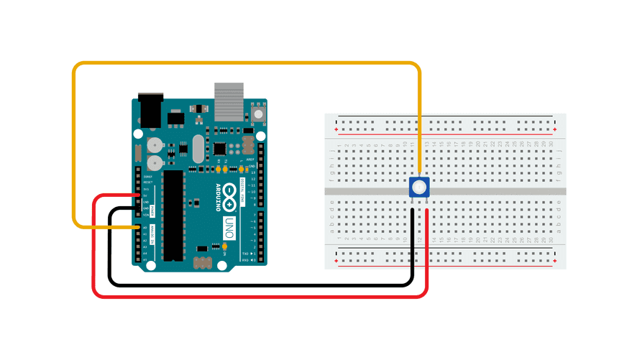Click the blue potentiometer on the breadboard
point(419,188)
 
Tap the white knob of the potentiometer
point(419,188)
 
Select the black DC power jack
point(149,110)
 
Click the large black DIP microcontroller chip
point(172,215)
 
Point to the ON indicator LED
point(225,247)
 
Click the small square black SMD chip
point(219,148)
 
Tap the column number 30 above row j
point(550,144)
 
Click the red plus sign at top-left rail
point(337,130)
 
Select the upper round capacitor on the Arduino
point(154,143)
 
